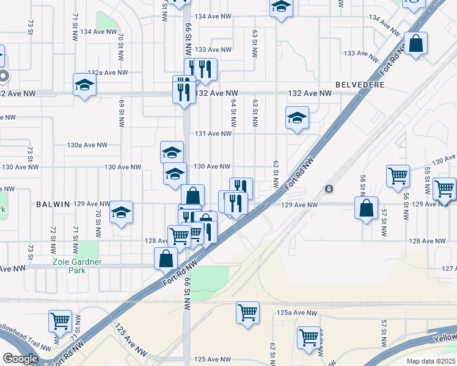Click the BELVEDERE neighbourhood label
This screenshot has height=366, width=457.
click(360, 85)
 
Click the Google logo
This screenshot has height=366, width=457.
click(20, 359)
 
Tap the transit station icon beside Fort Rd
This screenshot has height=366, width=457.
click(329, 188)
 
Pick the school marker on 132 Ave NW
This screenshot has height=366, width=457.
click(84, 85)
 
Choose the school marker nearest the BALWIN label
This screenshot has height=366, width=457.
click(122, 213)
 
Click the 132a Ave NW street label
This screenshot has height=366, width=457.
click(108, 72)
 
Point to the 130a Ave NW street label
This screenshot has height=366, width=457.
click(87, 145)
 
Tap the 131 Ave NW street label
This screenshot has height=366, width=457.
click(214, 134)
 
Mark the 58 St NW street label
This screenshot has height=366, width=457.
click(363, 182)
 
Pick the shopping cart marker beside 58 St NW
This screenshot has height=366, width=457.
click(398, 176)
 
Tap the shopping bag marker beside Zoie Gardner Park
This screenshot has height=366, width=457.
click(166, 259)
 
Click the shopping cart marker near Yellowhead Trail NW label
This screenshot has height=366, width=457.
click(60, 321)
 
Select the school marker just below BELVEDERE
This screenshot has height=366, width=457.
click(297, 118)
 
